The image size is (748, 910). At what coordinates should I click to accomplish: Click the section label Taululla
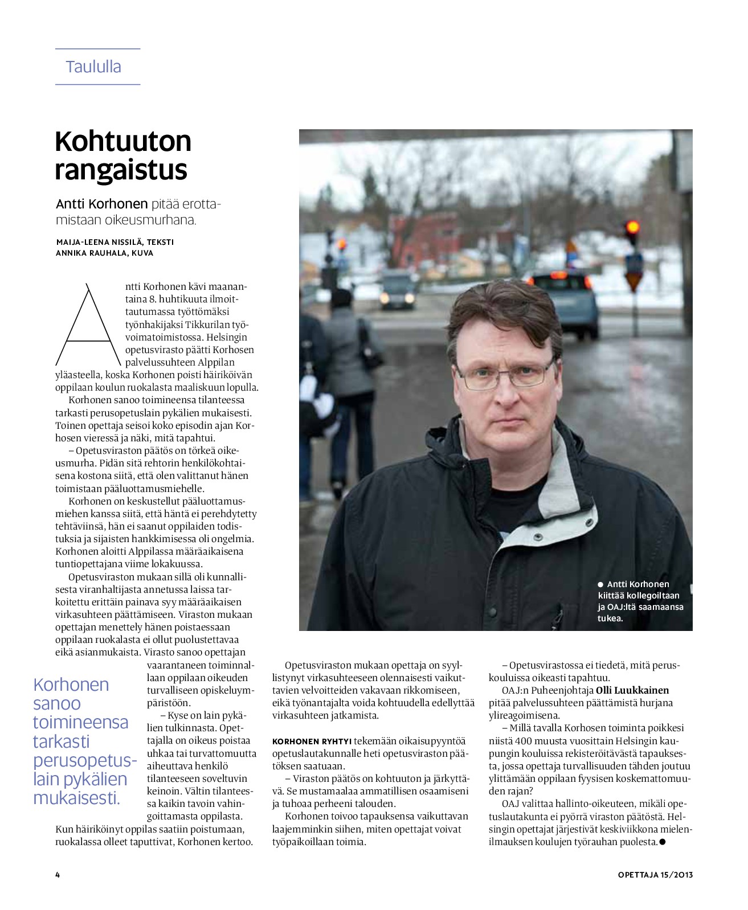[x=93, y=67]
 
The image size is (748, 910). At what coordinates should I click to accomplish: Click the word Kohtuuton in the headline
[x=123, y=141]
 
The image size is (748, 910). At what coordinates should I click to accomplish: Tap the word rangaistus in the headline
[x=121, y=170]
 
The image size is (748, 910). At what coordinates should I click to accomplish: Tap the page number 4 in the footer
[x=58, y=875]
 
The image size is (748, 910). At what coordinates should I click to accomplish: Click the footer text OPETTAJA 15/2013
[x=655, y=875]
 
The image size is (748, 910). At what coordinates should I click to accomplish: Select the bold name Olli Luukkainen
[x=632, y=690]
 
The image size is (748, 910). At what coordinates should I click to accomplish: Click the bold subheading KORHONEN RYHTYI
[x=312, y=741]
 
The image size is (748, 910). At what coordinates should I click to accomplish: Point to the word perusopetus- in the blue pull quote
[x=85, y=760]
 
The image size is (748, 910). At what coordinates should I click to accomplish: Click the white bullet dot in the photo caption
[x=600, y=584]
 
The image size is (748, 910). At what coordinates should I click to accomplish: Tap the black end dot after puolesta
[x=663, y=842]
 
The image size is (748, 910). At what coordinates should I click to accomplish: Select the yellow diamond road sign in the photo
[x=633, y=280]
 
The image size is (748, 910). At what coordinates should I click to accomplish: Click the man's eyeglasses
[x=505, y=375]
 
